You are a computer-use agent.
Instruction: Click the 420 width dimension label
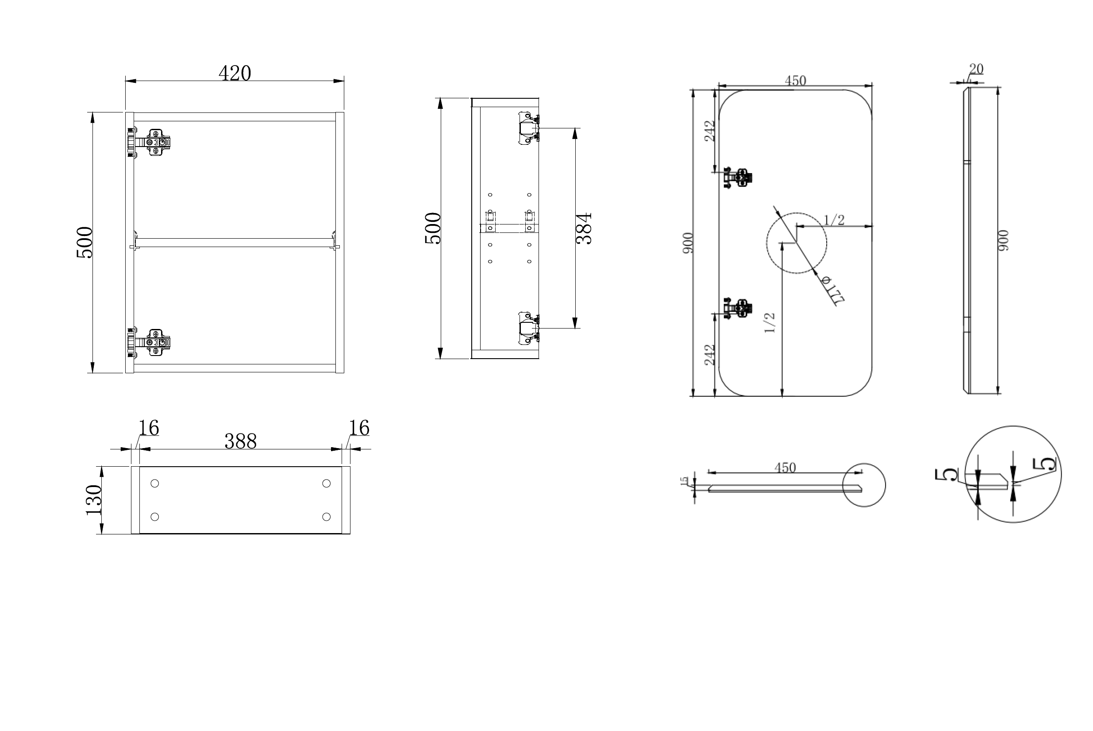pos(235,73)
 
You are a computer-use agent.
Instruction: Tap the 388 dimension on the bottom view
pos(240,441)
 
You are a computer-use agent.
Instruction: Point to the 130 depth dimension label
pos(94,500)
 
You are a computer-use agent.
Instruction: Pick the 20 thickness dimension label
pos(976,69)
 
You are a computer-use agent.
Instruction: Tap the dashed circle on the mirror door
pos(797,243)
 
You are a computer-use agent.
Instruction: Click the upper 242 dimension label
pos(709,131)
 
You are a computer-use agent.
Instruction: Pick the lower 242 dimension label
pos(709,355)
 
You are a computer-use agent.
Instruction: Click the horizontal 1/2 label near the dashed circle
pos(834,220)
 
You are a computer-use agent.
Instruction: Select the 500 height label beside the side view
pos(433,228)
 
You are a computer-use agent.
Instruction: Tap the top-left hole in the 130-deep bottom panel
pos(155,483)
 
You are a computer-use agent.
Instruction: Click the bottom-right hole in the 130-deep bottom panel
pos(327,517)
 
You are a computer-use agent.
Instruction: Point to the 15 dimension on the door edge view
pos(685,481)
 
